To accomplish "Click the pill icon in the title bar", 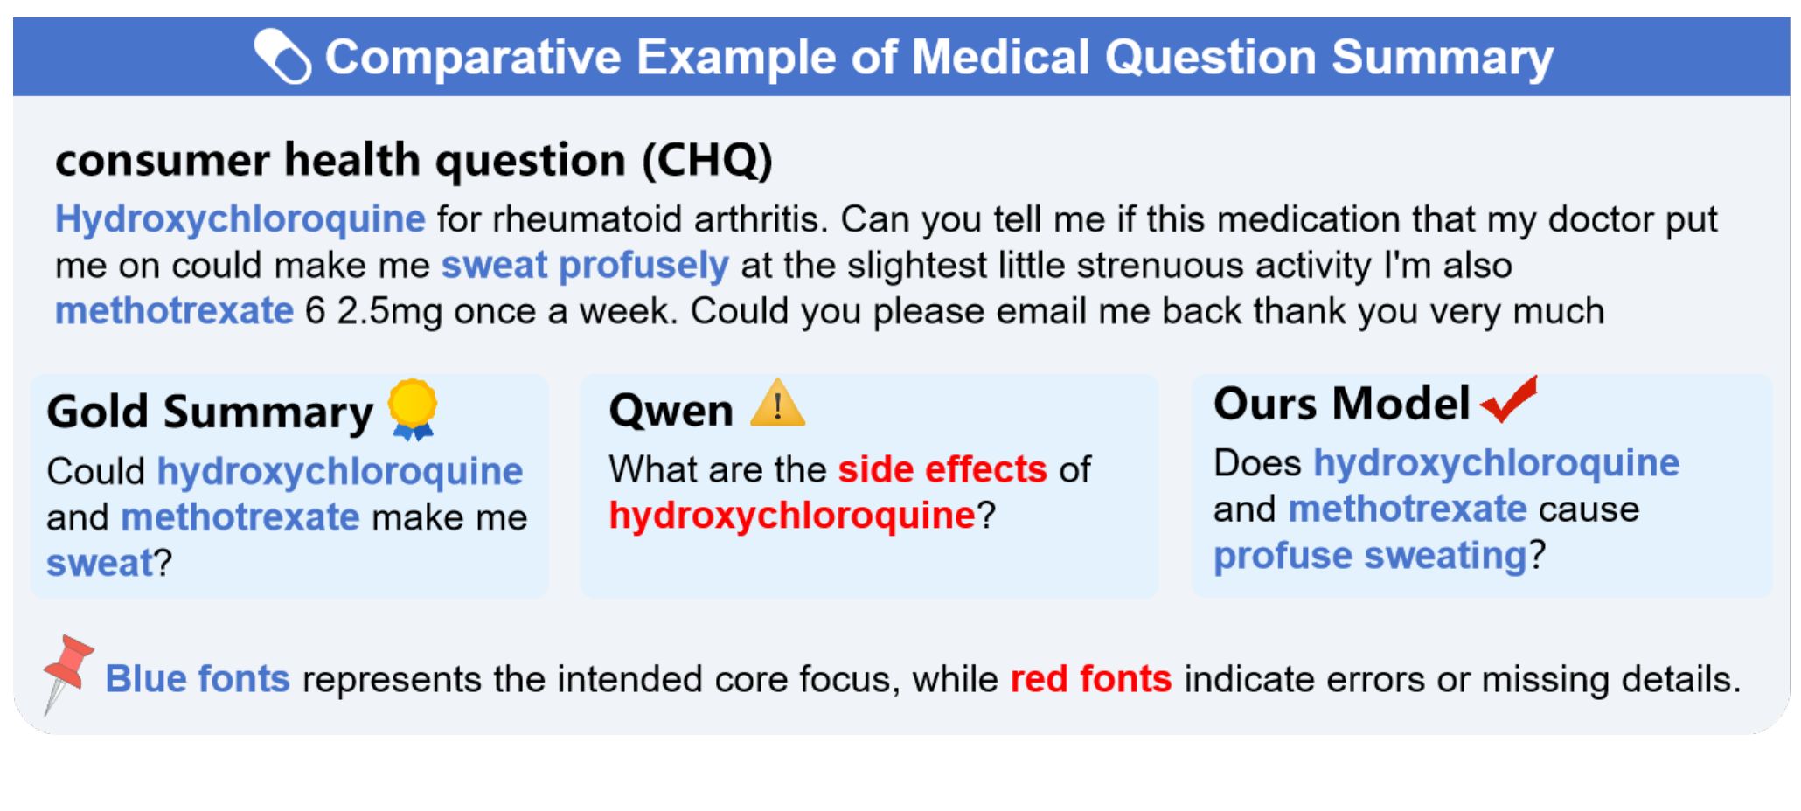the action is tap(282, 57).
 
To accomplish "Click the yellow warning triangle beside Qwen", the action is tap(777, 404).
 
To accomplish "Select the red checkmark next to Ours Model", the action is tap(1509, 399).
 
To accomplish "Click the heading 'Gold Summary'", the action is tap(210, 412).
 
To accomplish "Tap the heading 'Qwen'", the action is tap(671, 410).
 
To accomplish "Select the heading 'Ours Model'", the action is tap(1341, 404).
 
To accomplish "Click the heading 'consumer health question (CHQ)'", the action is tap(414, 160).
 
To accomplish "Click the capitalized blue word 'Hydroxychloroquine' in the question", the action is tap(240, 219).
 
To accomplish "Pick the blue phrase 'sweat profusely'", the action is tap(585, 266).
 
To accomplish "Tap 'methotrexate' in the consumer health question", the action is tap(175, 311).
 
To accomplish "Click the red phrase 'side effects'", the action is tap(942, 469).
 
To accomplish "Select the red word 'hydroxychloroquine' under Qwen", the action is tap(792, 516).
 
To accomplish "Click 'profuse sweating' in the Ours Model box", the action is tap(1370, 556).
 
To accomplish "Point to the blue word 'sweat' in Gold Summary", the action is tap(100, 564).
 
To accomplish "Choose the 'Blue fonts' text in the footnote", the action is tap(198, 679).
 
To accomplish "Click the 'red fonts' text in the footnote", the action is tap(1091, 679).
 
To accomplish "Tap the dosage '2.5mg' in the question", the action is tap(390, 312).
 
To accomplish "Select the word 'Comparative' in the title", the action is tap(473, 58).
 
